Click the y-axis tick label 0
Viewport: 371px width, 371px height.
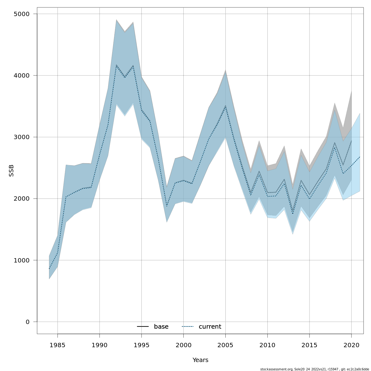[28, 322]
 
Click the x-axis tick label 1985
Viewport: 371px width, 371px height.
[58, 345]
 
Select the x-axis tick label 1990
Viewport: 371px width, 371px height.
[100, 345]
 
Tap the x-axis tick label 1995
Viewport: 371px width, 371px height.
[142, 345]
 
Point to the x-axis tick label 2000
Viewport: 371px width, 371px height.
[183, 345]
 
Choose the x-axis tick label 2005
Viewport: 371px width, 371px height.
[225, 345]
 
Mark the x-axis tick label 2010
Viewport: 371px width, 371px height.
[267, 345]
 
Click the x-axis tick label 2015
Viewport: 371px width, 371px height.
[309, 345]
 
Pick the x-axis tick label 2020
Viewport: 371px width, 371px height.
[352, 345]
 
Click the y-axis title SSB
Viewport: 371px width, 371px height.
[11, 171]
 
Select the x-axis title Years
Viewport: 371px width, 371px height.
[200, 360]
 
